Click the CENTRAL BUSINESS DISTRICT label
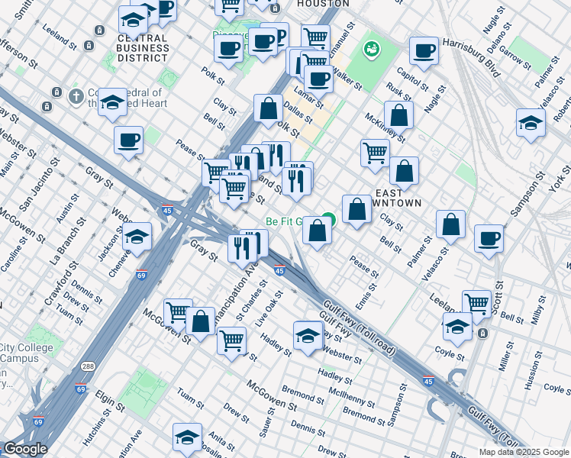click(x=143, y=47)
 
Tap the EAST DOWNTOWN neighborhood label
click(x=395, y=197)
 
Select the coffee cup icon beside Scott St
click(x=489, y=238)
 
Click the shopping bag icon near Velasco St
click(x=451, y=224)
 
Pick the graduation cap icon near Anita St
click(x=187, y=437)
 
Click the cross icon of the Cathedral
click(x=75, y=96)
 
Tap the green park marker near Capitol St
click(x=372, y=50)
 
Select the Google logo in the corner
click(x=24, y=449)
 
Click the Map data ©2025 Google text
click(x=524, y=452)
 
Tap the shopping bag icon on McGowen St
click(x=201, y=321)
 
